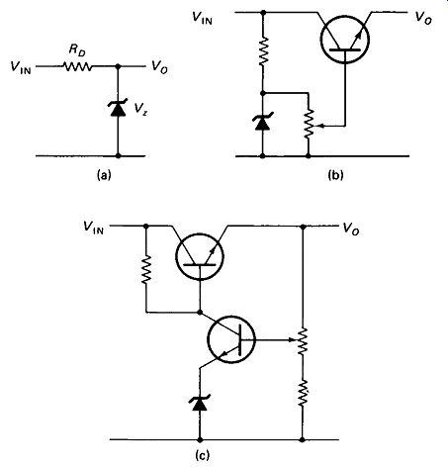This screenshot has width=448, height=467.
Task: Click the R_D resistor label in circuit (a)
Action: pos(77,50)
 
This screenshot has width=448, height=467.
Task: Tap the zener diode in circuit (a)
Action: pos(118,109)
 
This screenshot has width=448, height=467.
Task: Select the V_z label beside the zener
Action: pos(140,108)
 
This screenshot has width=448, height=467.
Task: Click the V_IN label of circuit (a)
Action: pos(21,67)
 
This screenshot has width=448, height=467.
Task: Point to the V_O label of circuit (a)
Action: pos(159,67)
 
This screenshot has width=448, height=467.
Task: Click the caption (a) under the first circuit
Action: pos(104,175)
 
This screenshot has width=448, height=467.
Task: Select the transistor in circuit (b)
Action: pos(345,40)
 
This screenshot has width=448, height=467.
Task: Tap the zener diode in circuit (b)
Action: pos(263,122)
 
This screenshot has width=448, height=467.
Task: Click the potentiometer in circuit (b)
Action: pos(309,124)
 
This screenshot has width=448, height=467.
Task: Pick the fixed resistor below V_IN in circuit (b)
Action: pos(263,51)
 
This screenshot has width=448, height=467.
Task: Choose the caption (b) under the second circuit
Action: pos(335,175)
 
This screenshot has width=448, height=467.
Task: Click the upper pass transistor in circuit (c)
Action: pos(200,256)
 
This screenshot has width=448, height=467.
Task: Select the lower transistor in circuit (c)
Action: pos(231,339)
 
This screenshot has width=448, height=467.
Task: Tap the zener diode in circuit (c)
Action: pos(200,403)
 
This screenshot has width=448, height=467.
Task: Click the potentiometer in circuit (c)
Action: pos(303,341)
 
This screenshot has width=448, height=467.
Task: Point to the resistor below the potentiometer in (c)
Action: pos(303,393)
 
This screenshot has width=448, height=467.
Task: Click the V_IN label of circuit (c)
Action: pos(94,228)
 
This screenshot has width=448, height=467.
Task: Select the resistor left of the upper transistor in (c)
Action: pos(146,269)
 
